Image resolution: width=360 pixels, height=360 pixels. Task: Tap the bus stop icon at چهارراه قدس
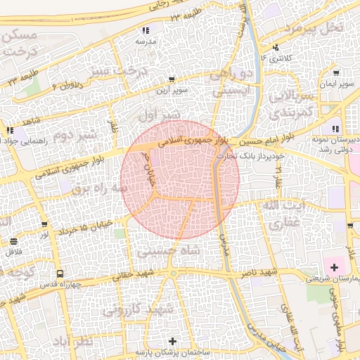tap(60, 274)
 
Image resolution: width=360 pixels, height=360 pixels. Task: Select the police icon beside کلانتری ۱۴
tap(276, 47)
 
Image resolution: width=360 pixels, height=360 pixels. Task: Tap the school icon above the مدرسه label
tap(146, 30)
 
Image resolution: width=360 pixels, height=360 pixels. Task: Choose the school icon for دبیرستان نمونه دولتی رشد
tap(335, 129)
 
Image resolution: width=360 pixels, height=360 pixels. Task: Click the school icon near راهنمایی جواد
tap(10, 130)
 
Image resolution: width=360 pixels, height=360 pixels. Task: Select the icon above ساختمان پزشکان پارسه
tap(174, 341)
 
